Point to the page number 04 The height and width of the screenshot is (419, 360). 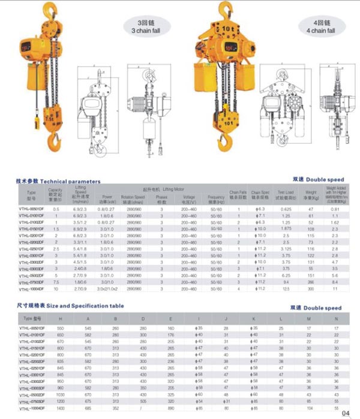click(x=346, y=412)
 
